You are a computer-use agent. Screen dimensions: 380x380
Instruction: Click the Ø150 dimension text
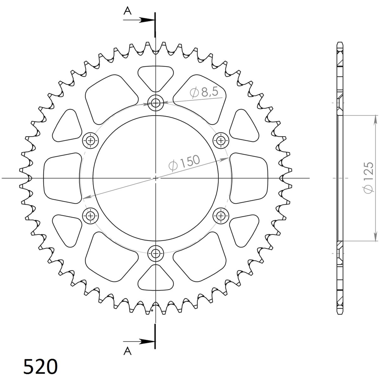(184, 162)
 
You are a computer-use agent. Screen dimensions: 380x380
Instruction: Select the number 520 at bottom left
(41, 366)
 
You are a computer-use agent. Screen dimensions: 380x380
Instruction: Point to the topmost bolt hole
(156, 103)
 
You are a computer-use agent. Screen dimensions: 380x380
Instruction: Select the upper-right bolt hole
(221, 140)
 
